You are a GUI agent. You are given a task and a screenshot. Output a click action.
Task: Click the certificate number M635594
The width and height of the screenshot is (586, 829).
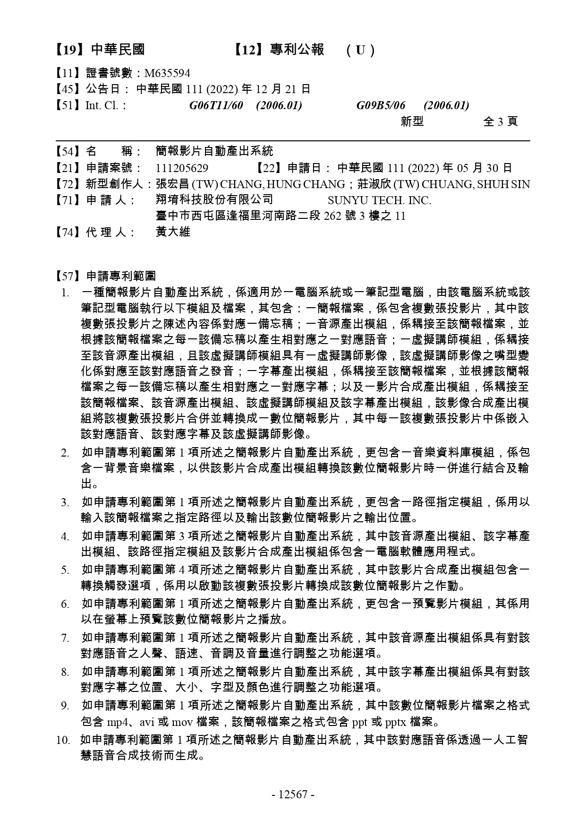click(167, 73)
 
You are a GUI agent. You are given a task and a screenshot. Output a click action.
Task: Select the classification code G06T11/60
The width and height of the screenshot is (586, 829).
click(216, 105)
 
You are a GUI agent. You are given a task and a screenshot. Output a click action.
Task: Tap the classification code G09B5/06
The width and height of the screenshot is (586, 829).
click(381, 105)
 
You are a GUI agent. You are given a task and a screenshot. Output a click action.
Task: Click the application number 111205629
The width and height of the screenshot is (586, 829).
click(182, 168)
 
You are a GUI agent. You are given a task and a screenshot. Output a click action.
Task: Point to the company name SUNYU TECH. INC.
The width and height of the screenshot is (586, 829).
click(379, 200)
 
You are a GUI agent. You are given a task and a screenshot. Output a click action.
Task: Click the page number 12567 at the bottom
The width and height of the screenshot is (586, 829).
click(293, 794)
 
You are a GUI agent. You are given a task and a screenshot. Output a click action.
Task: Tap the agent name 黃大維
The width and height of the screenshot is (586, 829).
click(173, 232)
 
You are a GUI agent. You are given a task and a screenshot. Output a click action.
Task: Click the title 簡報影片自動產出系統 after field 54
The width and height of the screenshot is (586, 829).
click(214, 152)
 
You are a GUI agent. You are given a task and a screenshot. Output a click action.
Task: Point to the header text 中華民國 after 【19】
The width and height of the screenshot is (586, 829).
click(118, 50)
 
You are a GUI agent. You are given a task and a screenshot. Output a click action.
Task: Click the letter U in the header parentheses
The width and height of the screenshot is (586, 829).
click(360, 50)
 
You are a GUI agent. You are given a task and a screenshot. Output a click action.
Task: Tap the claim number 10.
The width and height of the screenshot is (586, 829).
click(63, 740)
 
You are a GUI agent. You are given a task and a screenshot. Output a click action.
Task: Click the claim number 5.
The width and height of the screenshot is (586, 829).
click(65, 570)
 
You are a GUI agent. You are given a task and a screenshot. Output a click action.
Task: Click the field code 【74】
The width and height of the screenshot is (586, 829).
click(69, 232)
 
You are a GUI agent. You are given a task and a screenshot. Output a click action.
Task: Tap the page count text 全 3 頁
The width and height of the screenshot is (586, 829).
click(501, 121)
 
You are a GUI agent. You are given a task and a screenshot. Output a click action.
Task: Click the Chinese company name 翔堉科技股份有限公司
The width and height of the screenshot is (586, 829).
click(214, 200)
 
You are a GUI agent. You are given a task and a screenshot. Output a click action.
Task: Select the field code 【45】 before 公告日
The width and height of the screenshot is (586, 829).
click(69, 89)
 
